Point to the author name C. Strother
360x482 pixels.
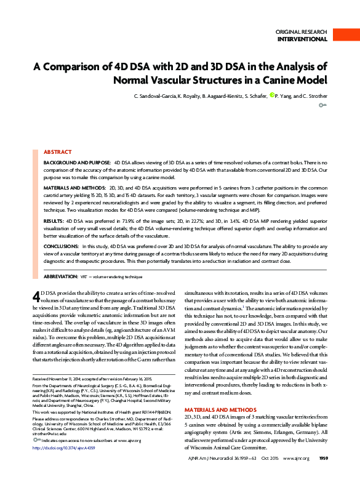[314, 96]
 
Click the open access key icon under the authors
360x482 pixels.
[322, 106]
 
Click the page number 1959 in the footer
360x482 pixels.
[322, 475]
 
